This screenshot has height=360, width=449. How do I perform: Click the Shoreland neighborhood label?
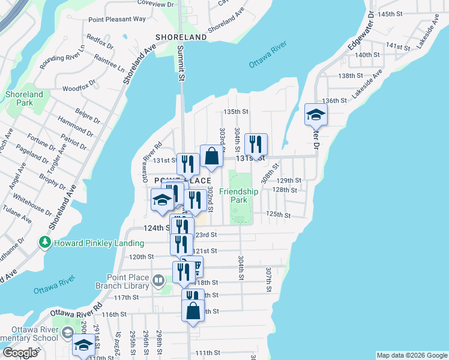181,37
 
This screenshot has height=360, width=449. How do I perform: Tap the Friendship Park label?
238,196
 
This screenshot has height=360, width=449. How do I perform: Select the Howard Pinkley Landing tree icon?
44,242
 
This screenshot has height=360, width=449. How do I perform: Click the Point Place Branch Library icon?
158,280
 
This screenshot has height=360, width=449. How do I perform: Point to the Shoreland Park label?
24,99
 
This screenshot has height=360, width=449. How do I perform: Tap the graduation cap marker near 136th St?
315,114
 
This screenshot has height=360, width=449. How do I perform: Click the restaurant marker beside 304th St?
256,144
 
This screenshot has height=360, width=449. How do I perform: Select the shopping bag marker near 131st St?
211,156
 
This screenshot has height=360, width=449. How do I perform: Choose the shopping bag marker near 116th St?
193,311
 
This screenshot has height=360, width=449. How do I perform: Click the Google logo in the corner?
20,353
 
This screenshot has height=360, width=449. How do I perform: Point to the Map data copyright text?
411,355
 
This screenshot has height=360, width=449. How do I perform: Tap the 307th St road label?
268,280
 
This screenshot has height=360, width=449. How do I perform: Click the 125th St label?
279,215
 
